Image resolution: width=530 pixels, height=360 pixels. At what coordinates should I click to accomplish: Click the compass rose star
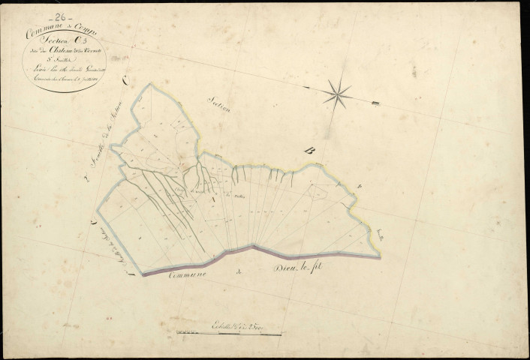338,93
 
